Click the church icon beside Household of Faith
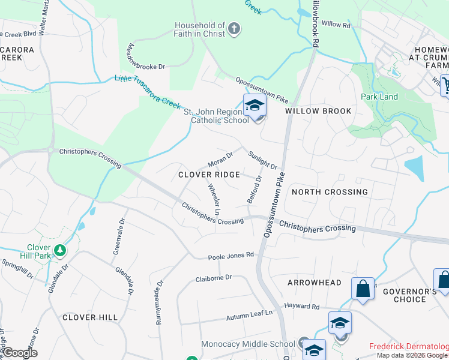[x=234, y=28]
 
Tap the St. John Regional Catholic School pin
[x=255, y=106]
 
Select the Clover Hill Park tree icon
[x=59, y=250]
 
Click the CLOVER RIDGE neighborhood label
[x=209, y=175]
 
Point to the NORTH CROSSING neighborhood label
[x=329, y=192]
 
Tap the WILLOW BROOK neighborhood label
[x=318, y=111]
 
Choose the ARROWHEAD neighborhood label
[x=314, y=282]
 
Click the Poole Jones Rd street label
[x=231, y=256]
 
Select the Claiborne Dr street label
[x=214, y=278]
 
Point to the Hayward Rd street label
[x=302, y=307]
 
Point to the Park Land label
[x=379, y=97]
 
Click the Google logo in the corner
[x=20, y=353]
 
